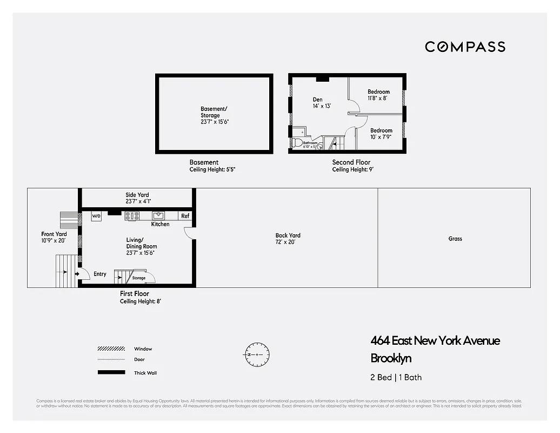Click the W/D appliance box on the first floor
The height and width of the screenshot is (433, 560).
click(x=96, y=216)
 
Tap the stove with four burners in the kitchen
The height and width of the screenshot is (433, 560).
click(x=132, y=215)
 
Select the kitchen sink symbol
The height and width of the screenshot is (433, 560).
click(x=158, y=215)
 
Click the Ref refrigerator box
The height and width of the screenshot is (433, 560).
click(x=185, y=216)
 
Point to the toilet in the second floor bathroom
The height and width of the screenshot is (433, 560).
click(x=297, y=143)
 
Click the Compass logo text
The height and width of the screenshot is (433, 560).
click(x=465, y=47)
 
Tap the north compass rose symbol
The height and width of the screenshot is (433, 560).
click(x=256, y=355)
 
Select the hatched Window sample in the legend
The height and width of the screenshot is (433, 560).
click(x=111, y=349)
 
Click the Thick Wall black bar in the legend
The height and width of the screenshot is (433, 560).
click(x=111, y=372)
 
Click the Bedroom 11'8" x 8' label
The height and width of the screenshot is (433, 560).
click(x=378, y=95)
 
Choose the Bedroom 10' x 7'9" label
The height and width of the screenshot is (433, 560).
click(x=381, y=134)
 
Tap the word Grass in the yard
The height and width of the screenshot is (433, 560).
click(x=455, y=239)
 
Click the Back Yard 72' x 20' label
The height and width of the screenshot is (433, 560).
click(x=288, y=239)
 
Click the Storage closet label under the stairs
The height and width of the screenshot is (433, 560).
click(x=139, y=278)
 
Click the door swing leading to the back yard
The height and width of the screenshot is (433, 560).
click(x=189, y=233)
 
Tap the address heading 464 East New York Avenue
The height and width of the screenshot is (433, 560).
click(x=435, y=340)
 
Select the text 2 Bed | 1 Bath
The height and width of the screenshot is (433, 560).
click(x=396, y=377)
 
